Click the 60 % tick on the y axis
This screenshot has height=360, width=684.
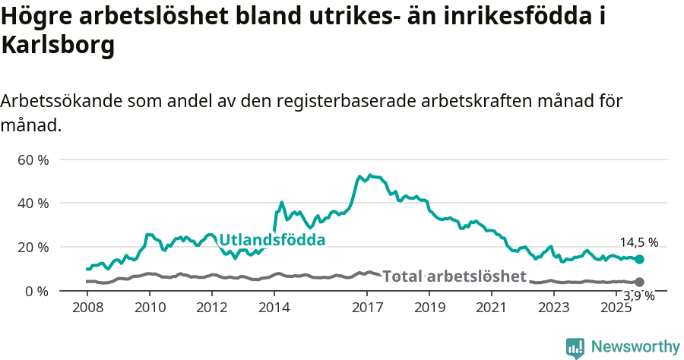(x=33, y=159)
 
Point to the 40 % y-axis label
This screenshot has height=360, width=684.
(x=33, y=203)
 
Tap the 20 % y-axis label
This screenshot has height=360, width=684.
(x=33, y=247)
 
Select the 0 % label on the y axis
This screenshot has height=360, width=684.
(x=36, y=291)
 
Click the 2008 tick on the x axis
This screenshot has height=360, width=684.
(x=88, y=308)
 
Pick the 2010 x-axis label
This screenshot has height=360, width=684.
(x=150, y=308)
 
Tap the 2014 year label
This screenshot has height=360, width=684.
(x=274, y=308)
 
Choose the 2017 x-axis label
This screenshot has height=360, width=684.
(x=368, y=308)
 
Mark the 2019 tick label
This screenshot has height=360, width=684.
(x=430, y=308)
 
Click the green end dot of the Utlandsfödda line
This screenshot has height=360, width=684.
(x=640, y=260)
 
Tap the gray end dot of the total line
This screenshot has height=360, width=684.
(x=640, y=282)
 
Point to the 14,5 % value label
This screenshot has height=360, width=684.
(x=639, y=243)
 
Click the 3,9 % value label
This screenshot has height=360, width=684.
(x=639, y=296)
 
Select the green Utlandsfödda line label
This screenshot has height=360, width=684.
(x=272, y=240)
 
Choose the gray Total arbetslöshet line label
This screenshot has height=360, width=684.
(x=454, y=276)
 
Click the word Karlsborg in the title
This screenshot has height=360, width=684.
(x=59, y=46)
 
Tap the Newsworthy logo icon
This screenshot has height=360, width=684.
(x=575, y=348)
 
